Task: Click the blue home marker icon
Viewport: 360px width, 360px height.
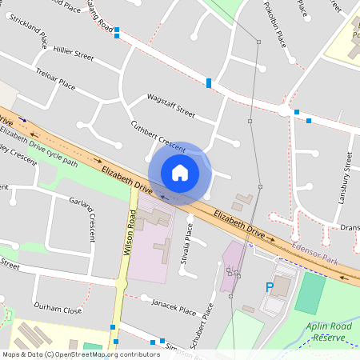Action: [x=180, y=173]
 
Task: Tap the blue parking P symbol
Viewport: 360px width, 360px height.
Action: [x=270, y=286]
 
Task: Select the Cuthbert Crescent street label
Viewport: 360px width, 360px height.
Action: [x=159, y=133]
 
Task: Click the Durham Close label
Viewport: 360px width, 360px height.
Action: [x=58, y=310]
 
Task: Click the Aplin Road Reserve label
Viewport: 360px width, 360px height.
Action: [x=329, y=331]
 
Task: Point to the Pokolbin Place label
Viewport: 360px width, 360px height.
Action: [x=274, y=24]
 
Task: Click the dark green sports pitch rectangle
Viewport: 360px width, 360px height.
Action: [x=310, y=292]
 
